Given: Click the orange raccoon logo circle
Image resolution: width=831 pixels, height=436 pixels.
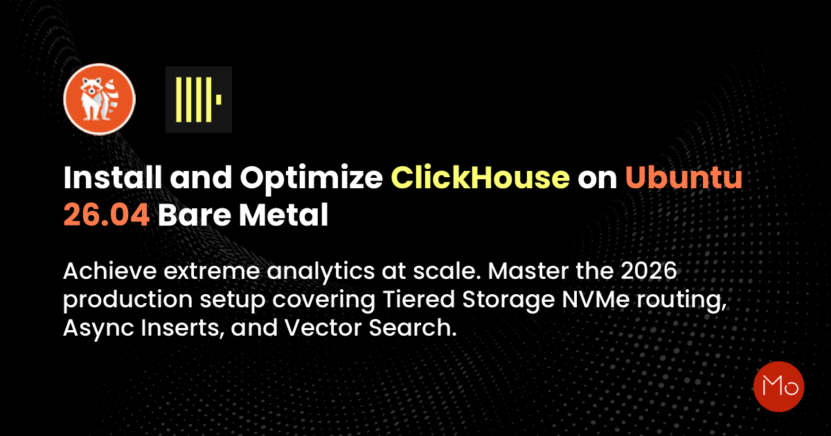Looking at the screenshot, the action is point(100,99).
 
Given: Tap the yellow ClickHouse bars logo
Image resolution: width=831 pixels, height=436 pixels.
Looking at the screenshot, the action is point(199,100).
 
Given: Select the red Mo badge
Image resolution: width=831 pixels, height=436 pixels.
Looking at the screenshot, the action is point(778,387).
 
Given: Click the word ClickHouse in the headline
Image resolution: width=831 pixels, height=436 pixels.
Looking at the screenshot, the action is point(481,178).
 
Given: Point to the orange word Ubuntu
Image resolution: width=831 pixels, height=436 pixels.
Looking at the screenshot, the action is point(684,178).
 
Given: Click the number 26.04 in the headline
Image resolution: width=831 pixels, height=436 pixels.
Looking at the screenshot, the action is point(107,215).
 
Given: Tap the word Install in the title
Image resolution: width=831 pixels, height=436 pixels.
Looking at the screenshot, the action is point(113,178).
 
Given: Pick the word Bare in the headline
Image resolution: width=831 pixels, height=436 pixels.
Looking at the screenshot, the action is point(195,215).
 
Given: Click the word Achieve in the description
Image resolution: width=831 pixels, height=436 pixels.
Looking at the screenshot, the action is point(110,271).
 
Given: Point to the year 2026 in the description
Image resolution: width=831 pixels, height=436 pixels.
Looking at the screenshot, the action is point(649,271).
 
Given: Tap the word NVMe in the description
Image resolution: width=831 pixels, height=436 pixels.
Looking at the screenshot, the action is point(596,299).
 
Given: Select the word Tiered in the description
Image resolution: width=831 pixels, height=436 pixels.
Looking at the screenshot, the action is point(419,299).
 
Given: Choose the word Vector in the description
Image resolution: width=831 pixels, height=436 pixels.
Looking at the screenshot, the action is point(323,328).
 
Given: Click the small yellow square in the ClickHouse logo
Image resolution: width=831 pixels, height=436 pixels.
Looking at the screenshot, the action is point(219,100).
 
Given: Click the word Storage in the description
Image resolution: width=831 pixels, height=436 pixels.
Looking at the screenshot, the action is point(508,300).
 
